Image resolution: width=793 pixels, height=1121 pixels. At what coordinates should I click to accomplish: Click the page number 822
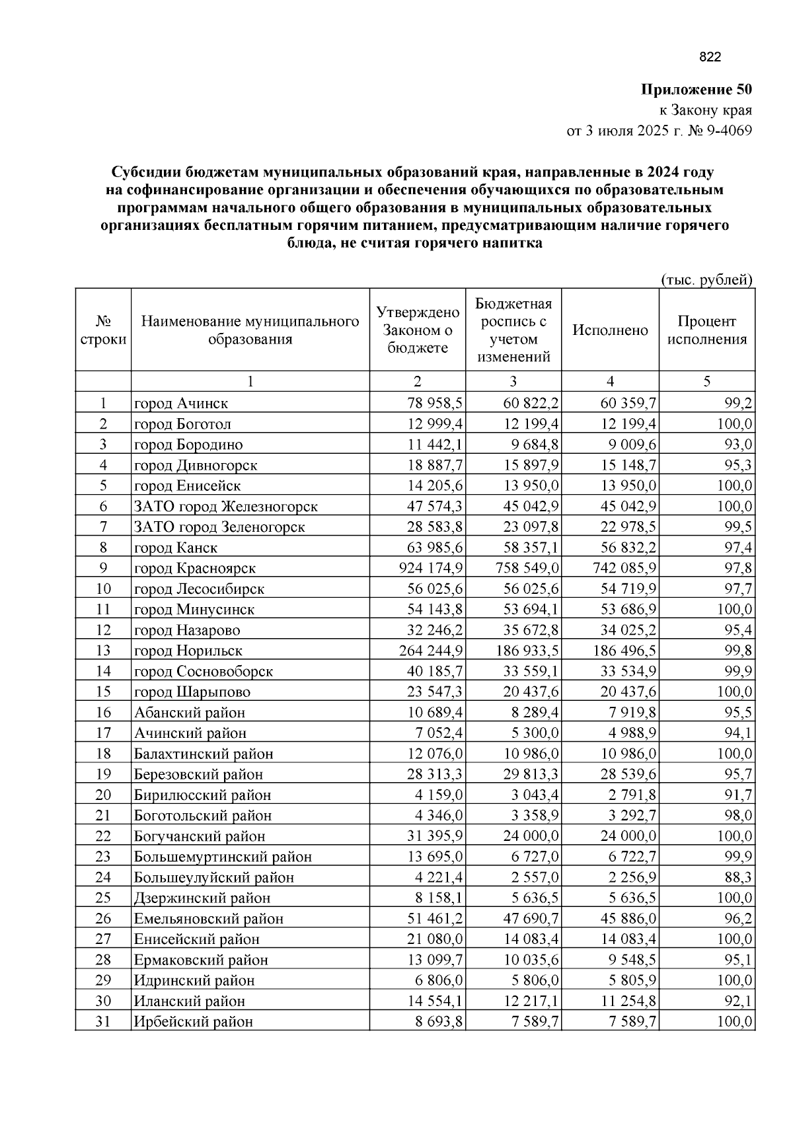[x=710, y=57]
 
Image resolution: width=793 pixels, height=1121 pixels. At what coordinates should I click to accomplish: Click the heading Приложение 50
[x=697, y=89]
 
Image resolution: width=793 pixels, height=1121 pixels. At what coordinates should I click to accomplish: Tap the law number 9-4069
[x=729, y=131]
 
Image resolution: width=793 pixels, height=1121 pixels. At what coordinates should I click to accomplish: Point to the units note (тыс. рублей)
[x=706, y=279]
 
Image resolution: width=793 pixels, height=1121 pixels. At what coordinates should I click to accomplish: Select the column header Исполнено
[x=610, y=330]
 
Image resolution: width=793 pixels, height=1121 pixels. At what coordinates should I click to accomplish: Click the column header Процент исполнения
[x=706, y=330]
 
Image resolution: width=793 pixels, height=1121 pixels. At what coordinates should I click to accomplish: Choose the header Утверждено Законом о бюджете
[x=417, y=330]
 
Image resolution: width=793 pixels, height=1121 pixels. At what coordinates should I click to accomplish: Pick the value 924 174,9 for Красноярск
[x=431, y=568]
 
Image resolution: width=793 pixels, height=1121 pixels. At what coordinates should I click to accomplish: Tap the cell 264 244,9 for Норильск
[x=431, y=651]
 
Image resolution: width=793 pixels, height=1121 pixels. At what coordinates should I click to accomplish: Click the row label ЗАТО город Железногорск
[x=226, y=507]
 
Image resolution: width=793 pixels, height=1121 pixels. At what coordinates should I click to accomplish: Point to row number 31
[x=102, y=1021]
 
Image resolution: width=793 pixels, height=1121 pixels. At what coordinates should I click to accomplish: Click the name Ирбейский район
[x=194, y=1021]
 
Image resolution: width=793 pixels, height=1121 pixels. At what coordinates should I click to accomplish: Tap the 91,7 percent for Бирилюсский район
[x=737, y=795]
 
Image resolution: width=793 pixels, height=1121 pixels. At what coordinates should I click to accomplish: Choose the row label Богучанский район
[x=200, y=836]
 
